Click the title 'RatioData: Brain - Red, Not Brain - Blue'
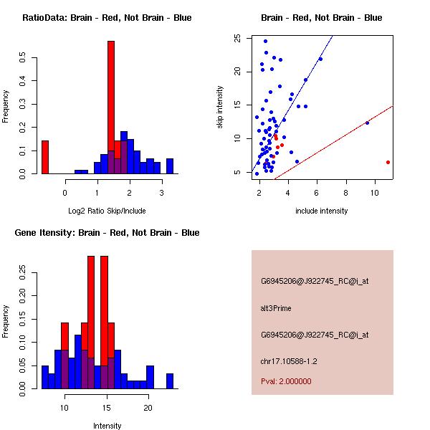point(107,17)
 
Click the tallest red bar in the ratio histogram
point(111,107)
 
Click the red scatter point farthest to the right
point(388,162)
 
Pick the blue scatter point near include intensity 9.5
point(367,123)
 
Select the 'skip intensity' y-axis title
point(221,107)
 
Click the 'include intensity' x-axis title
point(322,211)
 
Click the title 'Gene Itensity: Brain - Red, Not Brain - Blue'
point(107,232)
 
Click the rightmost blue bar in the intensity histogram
point(170,381)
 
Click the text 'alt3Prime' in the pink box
point(276,308)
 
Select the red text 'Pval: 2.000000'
point(286,381)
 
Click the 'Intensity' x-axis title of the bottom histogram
point(107,426)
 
